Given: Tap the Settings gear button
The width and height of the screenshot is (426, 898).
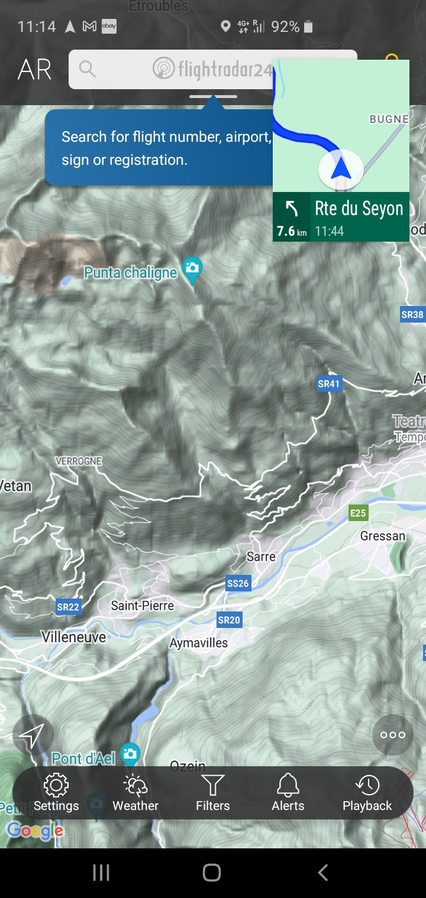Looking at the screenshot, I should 56,792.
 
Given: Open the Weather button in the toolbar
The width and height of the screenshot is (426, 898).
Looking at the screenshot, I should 135,792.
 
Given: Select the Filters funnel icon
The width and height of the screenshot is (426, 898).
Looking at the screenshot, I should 212,792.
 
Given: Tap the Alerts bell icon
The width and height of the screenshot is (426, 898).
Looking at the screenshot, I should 288,792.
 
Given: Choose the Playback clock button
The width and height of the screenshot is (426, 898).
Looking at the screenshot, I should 367,792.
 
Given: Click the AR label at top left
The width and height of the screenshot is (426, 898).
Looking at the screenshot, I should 34,70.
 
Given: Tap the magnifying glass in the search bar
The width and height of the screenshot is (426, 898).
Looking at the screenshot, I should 87,69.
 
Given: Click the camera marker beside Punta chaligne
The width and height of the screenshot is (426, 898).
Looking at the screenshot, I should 192,269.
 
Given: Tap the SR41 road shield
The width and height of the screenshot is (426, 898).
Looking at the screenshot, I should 329,384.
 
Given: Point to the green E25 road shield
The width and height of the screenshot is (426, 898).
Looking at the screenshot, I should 358,513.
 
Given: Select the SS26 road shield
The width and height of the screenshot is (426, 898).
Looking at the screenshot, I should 238,584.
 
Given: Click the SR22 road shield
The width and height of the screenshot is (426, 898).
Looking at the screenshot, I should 68,607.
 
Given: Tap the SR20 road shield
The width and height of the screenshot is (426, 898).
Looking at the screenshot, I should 229,620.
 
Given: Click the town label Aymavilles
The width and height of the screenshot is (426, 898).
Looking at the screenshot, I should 199,643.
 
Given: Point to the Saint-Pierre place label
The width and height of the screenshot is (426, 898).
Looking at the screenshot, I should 143,606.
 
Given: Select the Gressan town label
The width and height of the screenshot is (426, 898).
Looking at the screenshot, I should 383,536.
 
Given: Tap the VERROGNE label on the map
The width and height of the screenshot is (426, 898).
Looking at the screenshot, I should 79,461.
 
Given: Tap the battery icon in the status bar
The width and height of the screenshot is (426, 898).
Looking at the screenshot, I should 308,27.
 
